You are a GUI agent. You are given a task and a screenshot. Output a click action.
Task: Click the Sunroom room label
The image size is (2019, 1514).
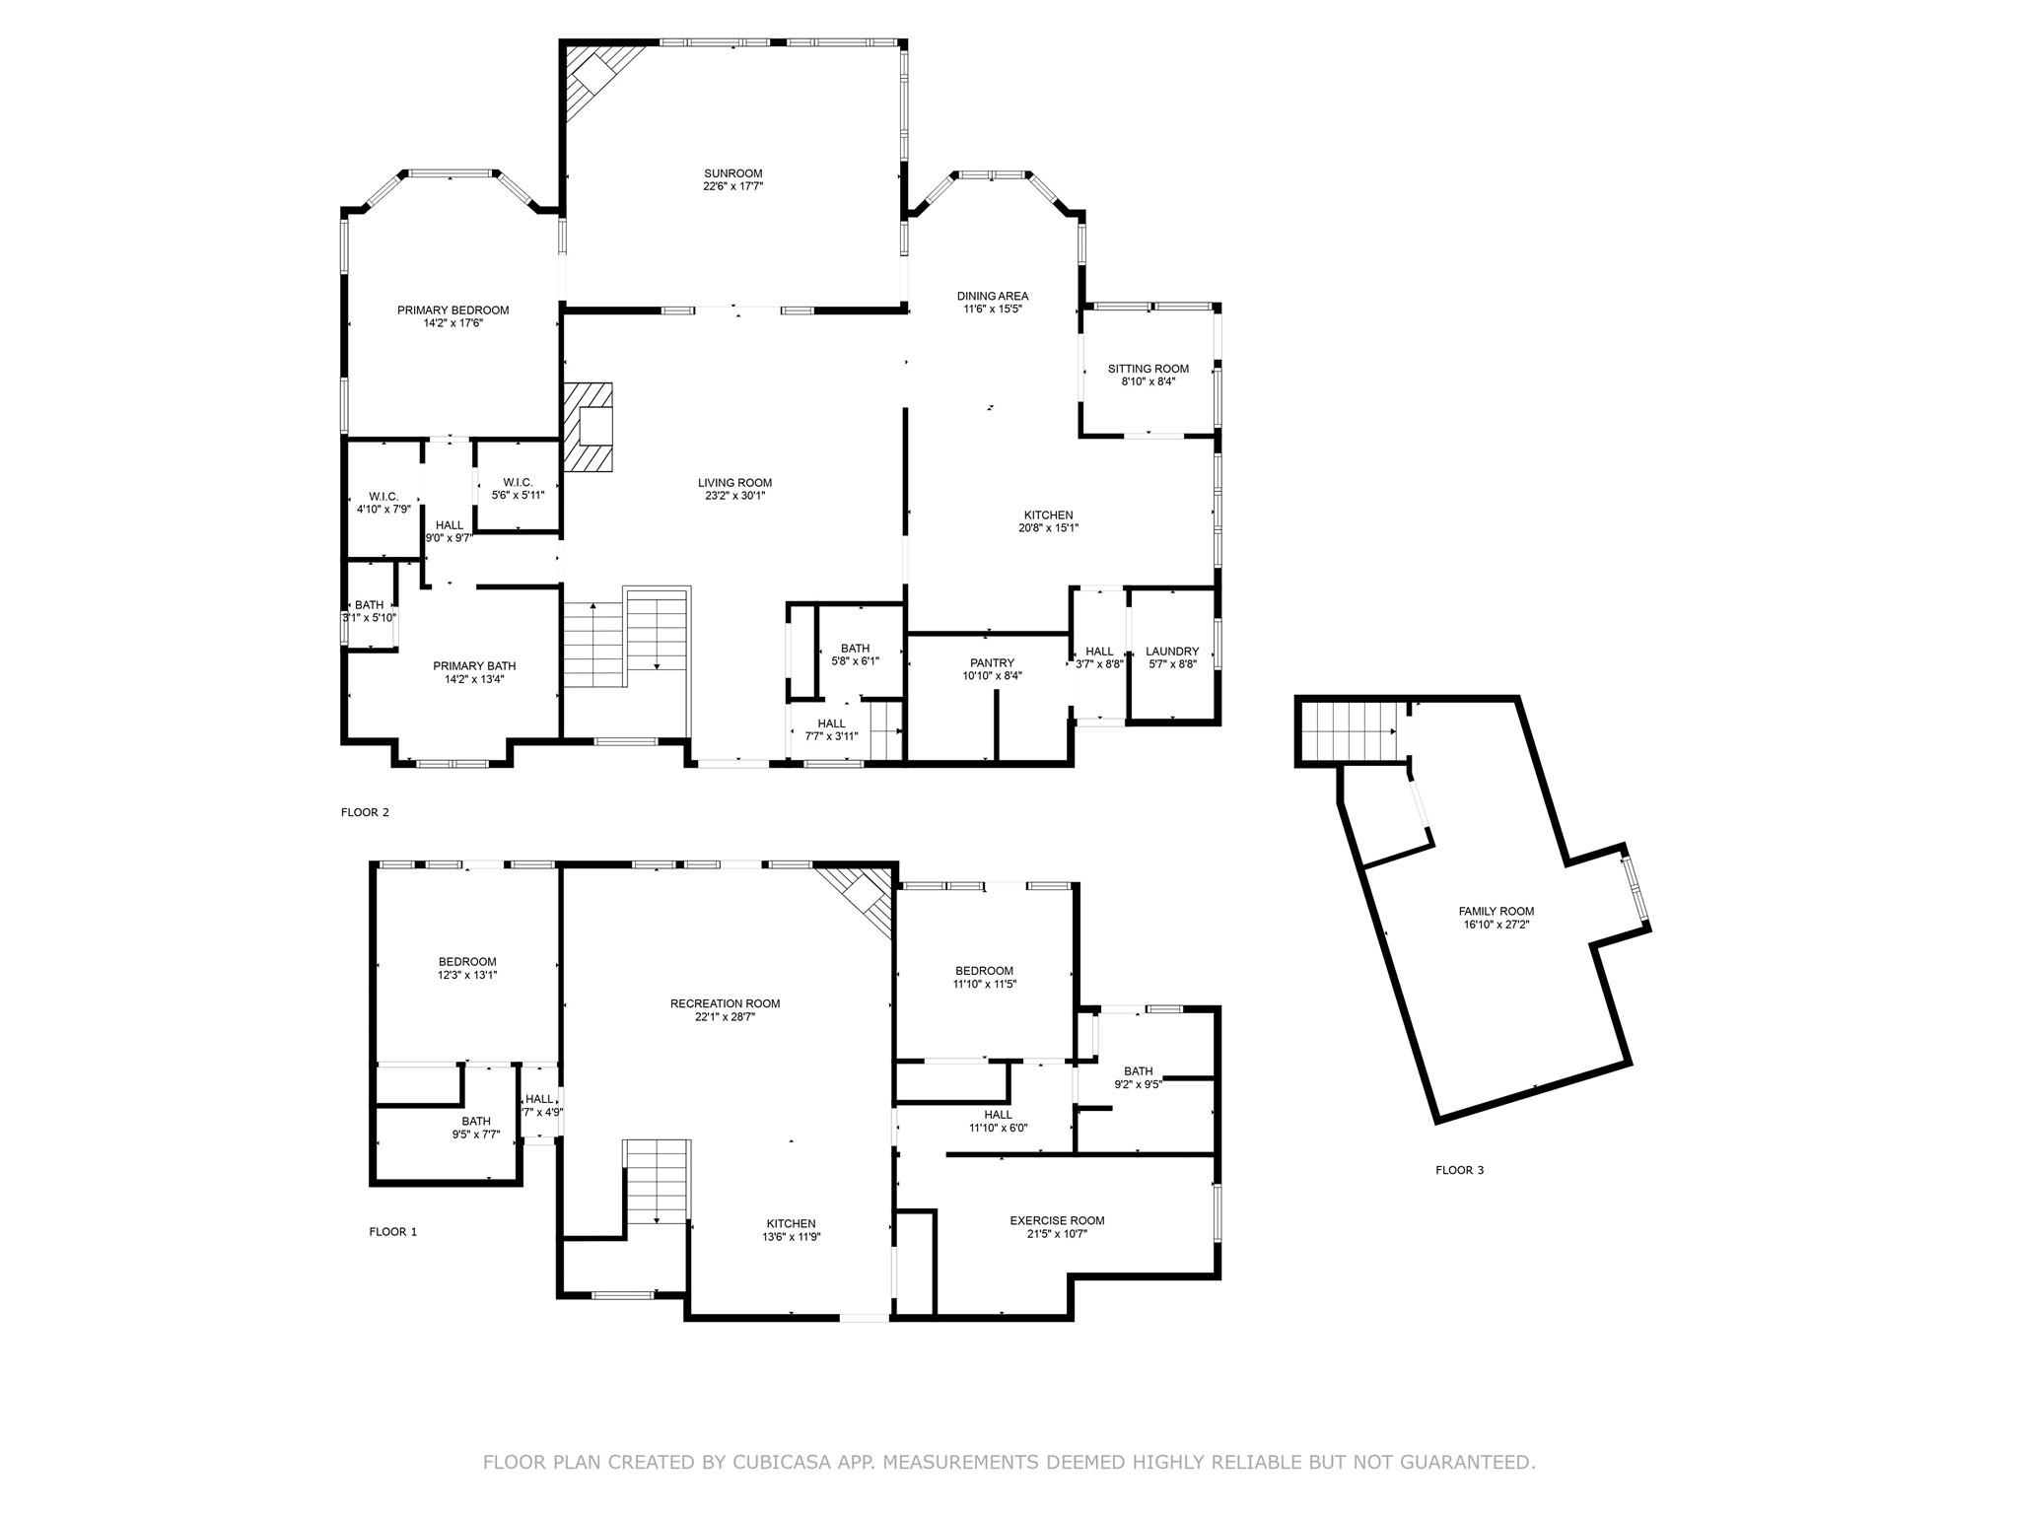pyautogui.click(x=732, y=173)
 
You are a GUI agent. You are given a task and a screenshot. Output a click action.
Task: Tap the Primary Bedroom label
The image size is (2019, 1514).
pyautogui.click(x=453, y=310)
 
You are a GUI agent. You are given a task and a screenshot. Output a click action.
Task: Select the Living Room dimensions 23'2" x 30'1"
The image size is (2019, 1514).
pyautogui.click(x=734, y=496)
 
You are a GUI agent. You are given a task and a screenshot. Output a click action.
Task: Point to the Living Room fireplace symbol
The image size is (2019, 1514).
pyautogui.click(x=590, y=428)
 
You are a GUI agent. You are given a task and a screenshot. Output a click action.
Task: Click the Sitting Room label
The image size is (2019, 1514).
pyautogui.click(x=1148, y=369)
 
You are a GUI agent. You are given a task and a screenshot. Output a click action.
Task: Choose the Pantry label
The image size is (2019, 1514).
pyautogui.click(x=992, y=663)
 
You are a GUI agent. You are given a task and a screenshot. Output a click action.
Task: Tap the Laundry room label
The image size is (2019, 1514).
pyautogui.click(x=1172, y=652)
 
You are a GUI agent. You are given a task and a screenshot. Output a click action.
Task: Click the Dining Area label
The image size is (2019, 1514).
pyautogui.click(x=993, y=296)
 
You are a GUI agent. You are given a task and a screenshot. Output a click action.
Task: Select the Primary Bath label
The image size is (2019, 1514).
pyautogui.click(x=474, y=666)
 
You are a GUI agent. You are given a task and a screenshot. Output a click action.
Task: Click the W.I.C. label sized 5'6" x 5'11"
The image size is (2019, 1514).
pyautogui.click(x=518, y=482)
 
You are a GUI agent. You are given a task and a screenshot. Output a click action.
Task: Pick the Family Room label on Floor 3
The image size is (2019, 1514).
pyautogui.click(x=1496, y=912)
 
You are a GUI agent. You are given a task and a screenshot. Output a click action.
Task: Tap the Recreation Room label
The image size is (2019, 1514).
pyautogui.click(x=725, y=1003)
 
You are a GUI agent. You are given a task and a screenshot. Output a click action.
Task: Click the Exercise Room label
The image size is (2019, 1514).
pyautogui.click(x=1057, y=1220)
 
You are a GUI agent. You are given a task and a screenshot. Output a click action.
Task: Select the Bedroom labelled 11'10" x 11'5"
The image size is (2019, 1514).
pyautogui.click(x=983, y=971)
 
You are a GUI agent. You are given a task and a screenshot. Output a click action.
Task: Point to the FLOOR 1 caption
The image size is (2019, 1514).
pyautogui.click(x=392, y=1232)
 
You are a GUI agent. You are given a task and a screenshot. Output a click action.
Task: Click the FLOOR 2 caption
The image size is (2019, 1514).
pyautogui.click(x=365, y=812)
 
